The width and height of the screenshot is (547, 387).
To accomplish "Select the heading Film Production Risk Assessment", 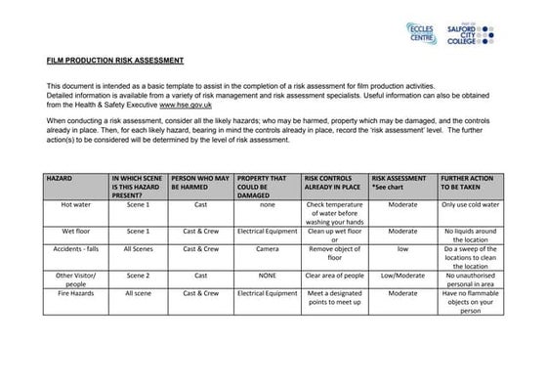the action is tap(115, 62).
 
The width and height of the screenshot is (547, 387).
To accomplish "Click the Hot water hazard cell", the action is tap(75, 206).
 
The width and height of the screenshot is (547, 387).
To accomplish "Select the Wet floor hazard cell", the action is tap(75, 232).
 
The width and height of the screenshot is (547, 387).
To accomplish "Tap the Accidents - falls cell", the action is tap(75, 249).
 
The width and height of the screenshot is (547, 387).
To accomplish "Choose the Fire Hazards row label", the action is tap(75, 292).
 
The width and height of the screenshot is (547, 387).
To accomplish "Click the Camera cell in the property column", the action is tap(267, 249).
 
